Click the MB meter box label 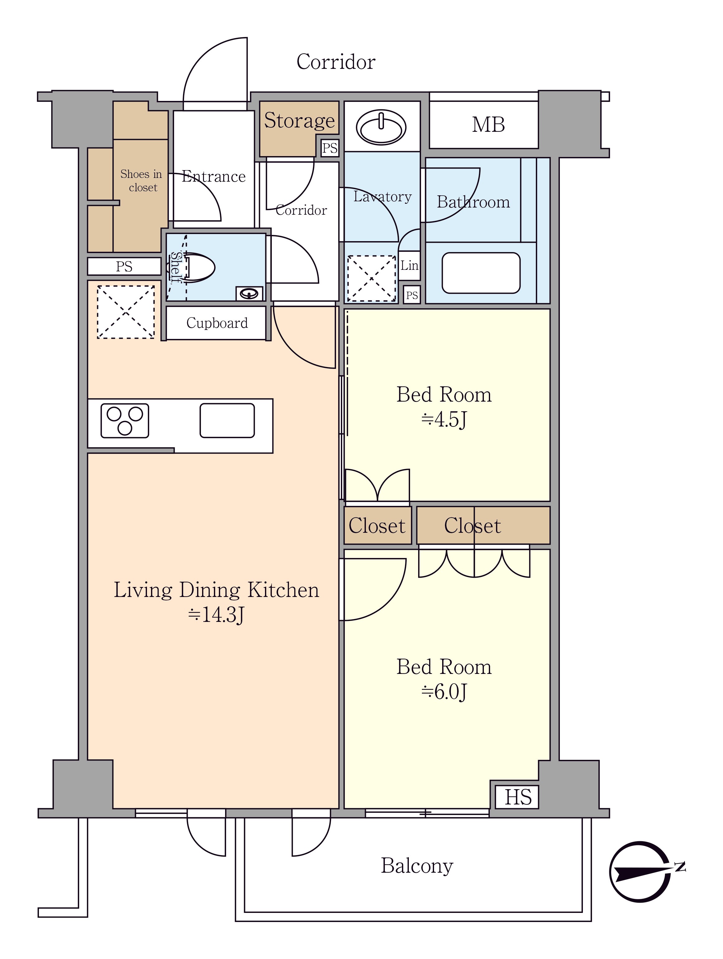click(x=488, y=125)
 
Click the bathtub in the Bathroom click(x=481, y=273)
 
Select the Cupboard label click(x=217, y=323)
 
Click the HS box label click(x=518, y=797)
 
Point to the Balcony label click(x=417, y=866)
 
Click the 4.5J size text click(x=444, y=420)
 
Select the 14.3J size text click(x=216, y=614)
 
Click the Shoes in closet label click(x=141, y=181)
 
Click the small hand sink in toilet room click(x=249, y=293)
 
